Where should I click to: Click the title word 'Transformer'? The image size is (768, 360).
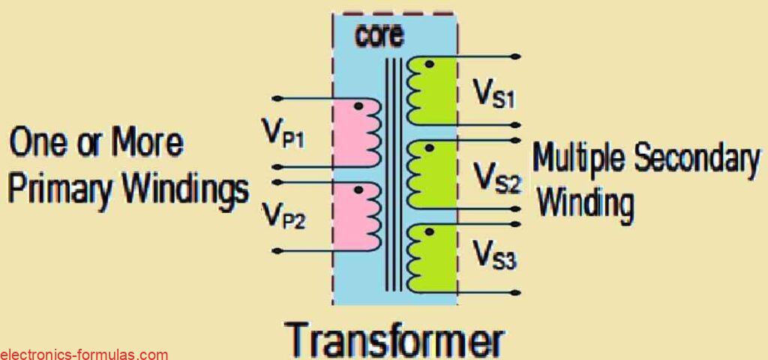click(x=395, y=339)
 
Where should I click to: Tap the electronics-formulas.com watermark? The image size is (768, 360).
click(x=84, y=354)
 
